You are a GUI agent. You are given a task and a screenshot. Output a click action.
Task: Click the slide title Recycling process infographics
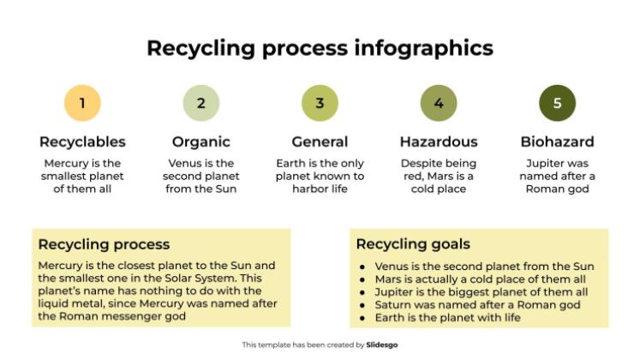point(320,47)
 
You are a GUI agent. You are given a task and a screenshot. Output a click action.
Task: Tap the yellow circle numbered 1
point(82,104)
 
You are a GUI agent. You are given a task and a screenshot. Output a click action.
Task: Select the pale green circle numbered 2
point(200,104)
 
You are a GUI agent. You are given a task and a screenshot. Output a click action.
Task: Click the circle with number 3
point(320,104)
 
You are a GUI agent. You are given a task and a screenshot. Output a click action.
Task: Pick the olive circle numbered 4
point(439,104)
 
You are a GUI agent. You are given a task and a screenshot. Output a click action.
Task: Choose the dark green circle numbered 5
point(557,104)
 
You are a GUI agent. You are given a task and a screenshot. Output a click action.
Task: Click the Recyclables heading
point(82,142)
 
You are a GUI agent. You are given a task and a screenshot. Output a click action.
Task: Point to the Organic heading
point(200,142)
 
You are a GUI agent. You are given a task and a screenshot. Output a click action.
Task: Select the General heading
point(320,142)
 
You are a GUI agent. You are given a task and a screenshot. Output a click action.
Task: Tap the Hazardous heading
point(439,142)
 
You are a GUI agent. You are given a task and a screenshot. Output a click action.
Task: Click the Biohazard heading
point(557,142)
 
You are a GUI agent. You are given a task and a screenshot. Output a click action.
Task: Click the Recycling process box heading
point(104,245)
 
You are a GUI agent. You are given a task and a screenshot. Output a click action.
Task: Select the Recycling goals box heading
point(413,245)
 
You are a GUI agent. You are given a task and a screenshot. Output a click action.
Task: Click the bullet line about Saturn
point(477,304)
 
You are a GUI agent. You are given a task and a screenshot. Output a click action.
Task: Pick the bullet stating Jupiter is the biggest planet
point(481,291)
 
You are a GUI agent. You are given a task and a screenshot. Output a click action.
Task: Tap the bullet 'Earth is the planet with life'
point(453,317)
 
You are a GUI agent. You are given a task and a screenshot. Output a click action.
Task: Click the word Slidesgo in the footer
point(381,345)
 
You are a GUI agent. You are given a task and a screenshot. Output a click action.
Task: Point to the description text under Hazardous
point(439,176)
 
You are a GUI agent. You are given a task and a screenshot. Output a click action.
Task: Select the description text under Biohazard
point(557,176)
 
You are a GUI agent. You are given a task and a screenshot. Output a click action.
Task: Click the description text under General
point(320,176)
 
